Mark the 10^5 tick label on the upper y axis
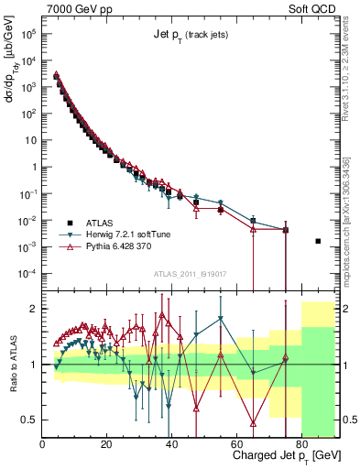27,34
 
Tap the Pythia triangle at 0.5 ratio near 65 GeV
253,422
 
